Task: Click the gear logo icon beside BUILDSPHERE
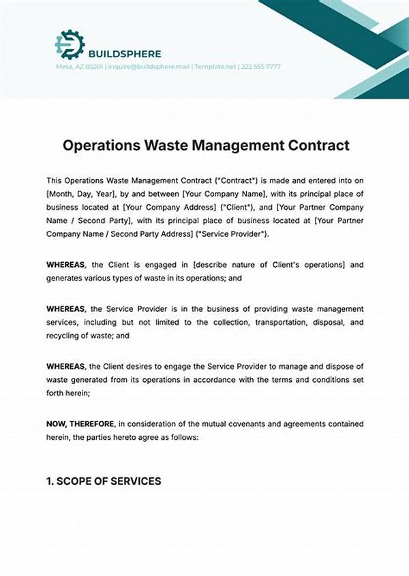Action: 69,44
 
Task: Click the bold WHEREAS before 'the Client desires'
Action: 66,367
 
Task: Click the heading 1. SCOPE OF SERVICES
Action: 104,481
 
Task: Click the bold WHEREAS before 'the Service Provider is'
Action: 66,309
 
